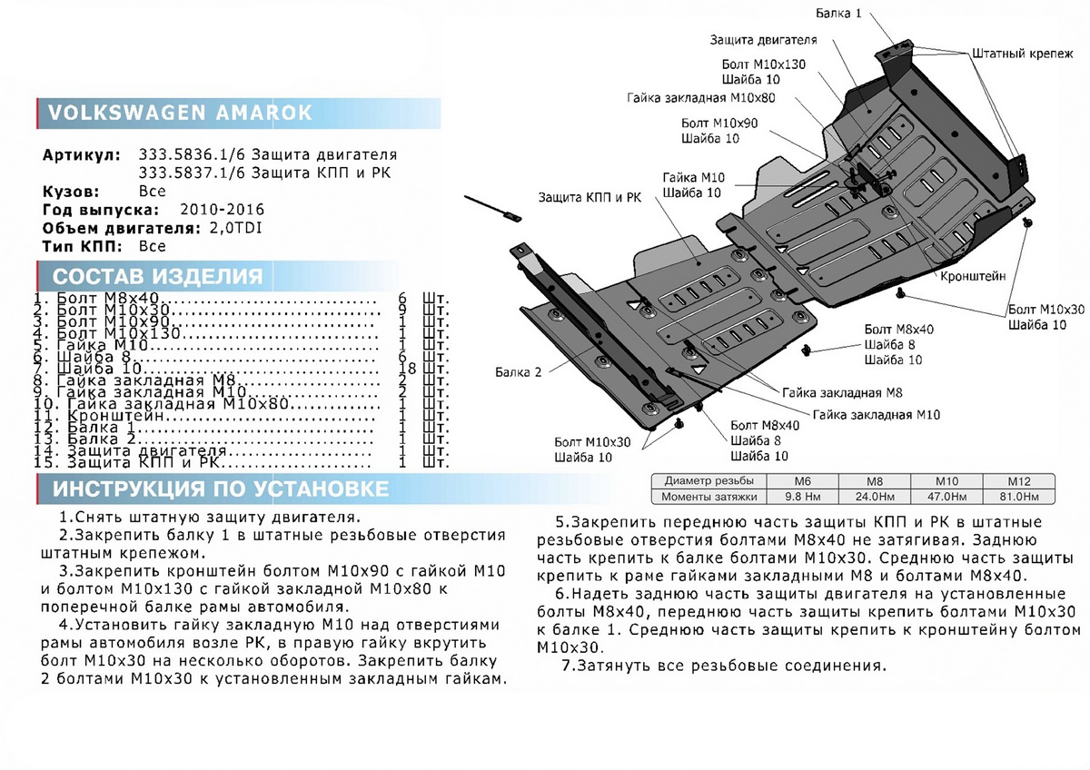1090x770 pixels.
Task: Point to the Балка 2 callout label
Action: (x=519, y=371)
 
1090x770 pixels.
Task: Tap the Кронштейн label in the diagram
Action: (x=973, y=274)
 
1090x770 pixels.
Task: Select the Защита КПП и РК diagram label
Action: (x=590, y=197)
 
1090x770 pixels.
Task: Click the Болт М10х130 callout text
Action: (x=764, y=65)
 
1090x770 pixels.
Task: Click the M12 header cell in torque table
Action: (x=1017, y=480)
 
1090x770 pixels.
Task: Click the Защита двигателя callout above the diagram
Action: (x=763, y=40)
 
